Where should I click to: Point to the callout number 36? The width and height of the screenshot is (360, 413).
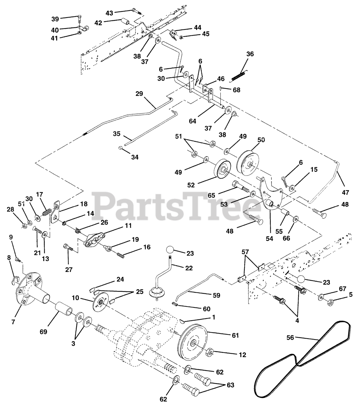pos(250,54)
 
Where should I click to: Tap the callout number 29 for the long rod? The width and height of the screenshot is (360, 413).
pos(139,94)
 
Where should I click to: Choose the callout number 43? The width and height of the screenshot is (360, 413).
pos(110,13)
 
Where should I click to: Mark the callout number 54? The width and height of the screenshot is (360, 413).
pos(269,238)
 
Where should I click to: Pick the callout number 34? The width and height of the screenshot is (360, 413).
pos(135,157)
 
